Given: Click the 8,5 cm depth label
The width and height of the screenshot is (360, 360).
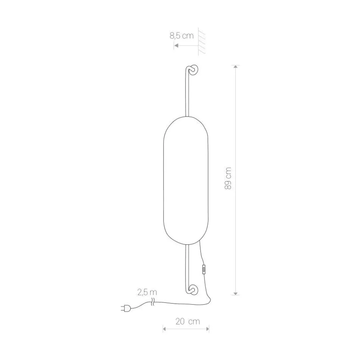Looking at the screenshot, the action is click(x=181, y=36).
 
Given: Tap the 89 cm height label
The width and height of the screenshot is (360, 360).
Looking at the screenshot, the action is click(x=228, y=179).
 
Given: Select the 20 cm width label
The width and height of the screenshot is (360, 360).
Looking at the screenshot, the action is click(x=188, y=321).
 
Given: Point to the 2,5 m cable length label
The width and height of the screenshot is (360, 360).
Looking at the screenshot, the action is click(x=147, y=292).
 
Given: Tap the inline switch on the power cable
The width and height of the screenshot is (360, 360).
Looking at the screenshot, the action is click(x=204, y=270).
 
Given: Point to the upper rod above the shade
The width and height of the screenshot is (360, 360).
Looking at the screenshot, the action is click(x=187, y=92).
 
